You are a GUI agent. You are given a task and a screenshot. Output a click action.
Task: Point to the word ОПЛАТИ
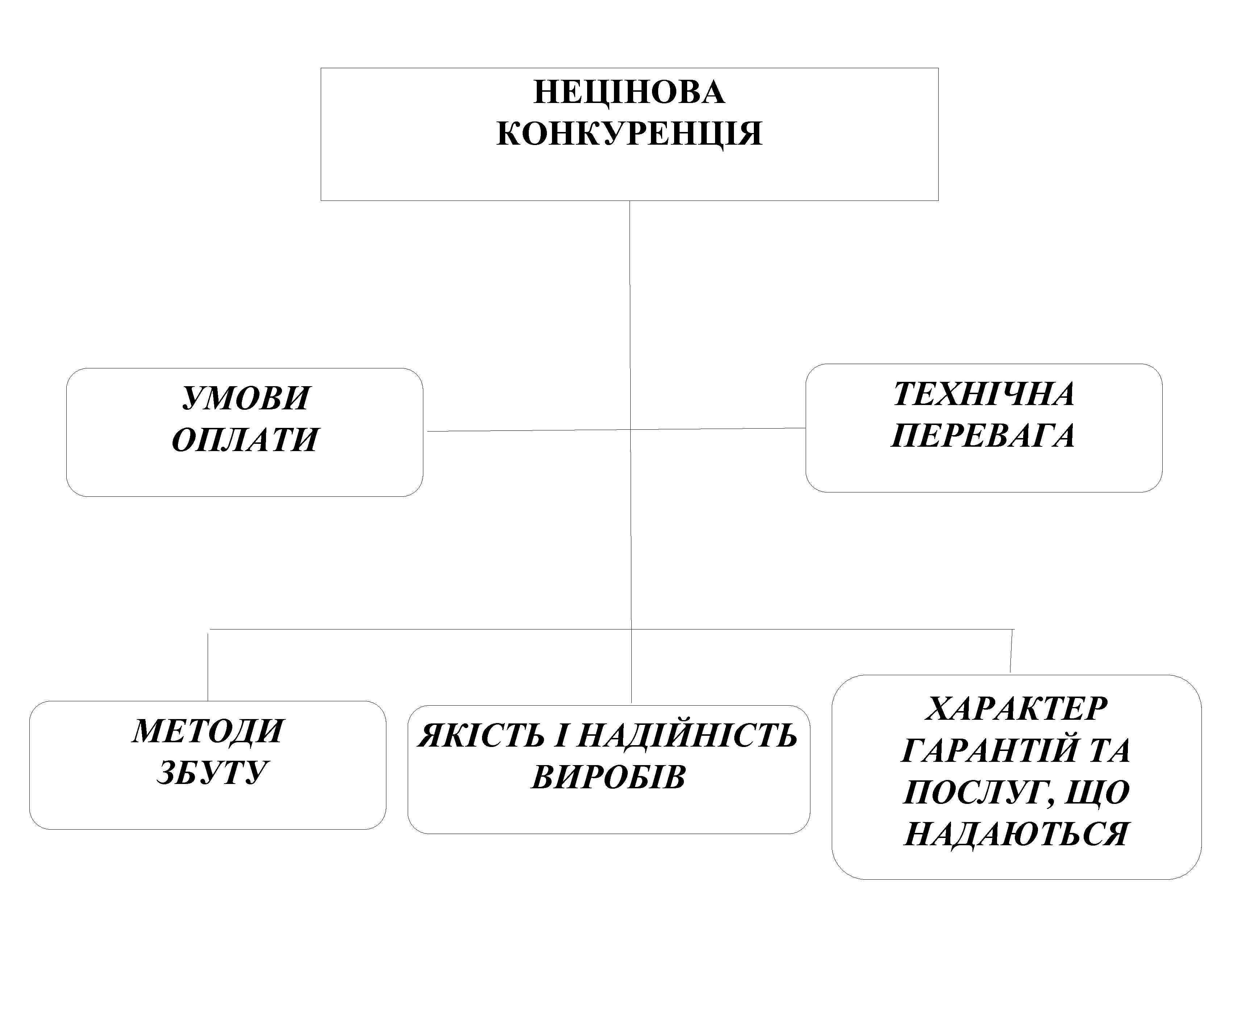pos(245,439)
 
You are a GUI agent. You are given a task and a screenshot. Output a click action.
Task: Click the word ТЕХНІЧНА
pos(984,394)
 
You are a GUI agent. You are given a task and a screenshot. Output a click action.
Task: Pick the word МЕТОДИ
pos(208,731)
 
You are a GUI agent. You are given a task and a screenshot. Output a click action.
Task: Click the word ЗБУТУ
pos(211,772)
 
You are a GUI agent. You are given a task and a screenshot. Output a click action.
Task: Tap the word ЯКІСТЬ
pos(481,736)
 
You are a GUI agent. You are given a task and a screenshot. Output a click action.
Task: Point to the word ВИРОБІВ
pos(608,777)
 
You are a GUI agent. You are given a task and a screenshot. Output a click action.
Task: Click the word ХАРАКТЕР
pos(1016,709)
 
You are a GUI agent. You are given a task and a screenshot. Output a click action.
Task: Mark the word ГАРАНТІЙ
pos(976,751)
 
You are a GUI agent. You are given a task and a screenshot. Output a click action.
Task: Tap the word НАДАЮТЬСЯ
pos(1016,834)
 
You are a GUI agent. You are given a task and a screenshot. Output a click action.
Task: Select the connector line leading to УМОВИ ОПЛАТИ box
pos(528,430)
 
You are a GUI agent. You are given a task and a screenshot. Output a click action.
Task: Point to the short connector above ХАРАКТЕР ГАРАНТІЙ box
pos(1012,651)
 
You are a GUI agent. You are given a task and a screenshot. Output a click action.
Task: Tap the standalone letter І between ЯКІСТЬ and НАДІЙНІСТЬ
pos(561,736)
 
